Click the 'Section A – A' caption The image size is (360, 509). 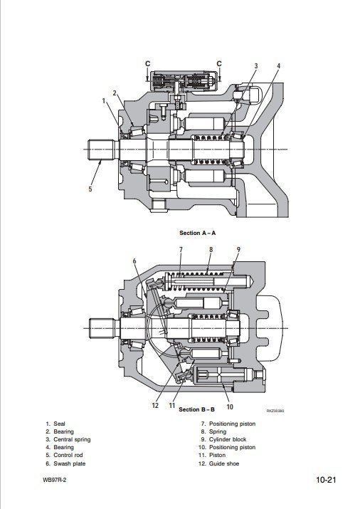(x=198, y=233)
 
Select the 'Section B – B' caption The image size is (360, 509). (x=197, y=409)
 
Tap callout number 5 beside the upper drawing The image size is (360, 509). (x=90, y=189)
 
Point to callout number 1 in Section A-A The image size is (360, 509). (x=104, y=101)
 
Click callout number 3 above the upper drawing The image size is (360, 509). (x=256, y=66)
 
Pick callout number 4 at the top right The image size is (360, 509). (x=278, y=66)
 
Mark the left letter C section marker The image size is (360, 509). (x=147, y=63)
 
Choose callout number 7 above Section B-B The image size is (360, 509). (x=181, y=250)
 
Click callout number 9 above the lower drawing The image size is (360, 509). (x=239, y=250)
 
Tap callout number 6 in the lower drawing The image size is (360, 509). (x=134, y=261)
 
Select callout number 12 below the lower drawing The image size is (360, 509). (x=155, y=406)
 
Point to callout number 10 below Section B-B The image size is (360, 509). (x=230, y=406)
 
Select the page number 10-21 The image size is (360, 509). (x=327, y=480)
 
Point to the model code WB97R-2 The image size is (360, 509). (x=54, y=480)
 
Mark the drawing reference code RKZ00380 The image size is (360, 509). (x=275, y=411)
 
